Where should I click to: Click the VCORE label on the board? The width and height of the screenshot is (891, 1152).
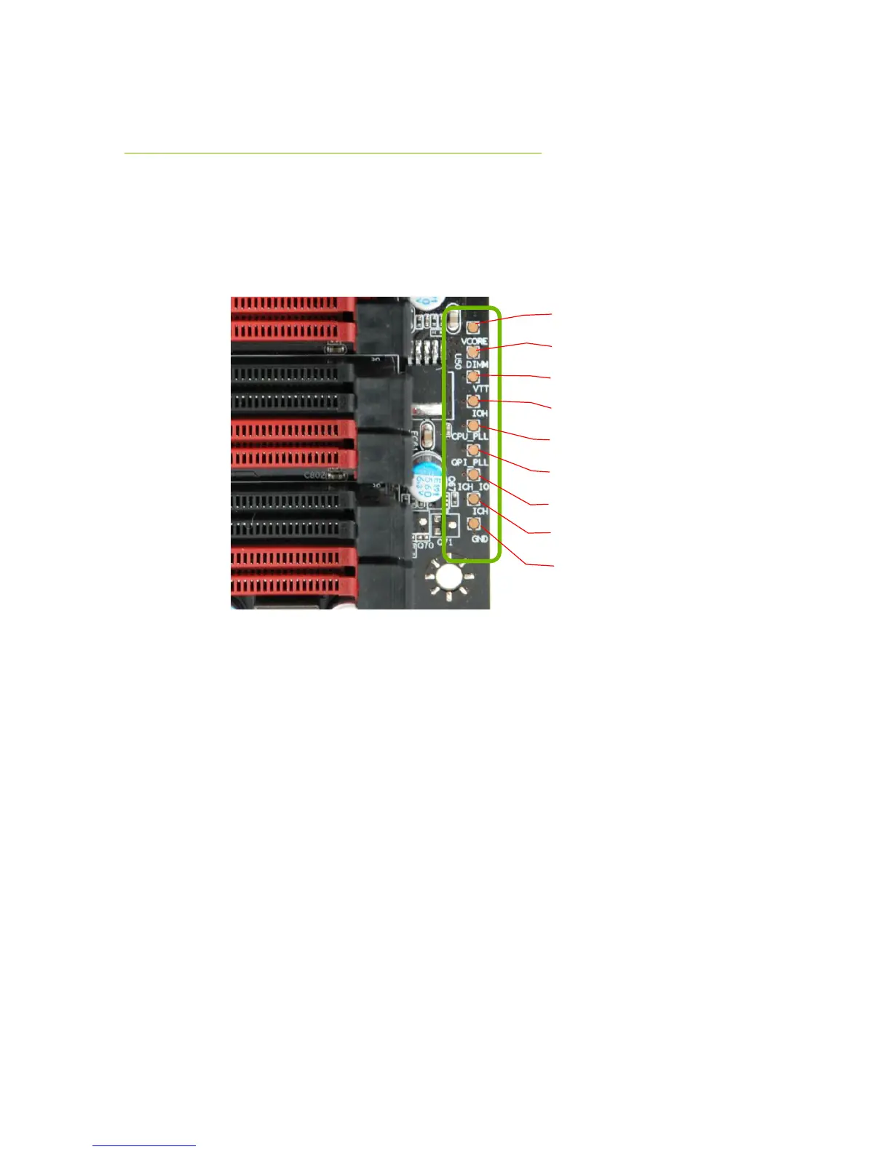click(474, 341)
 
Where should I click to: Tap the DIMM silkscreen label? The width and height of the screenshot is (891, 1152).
click(477, 364)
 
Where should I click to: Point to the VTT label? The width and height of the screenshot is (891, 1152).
click(481, 390)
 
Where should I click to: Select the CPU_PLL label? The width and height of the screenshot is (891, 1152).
click(470, 437)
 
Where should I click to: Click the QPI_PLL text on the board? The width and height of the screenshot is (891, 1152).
click(470, 462)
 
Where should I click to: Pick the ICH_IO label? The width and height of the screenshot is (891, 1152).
click(472, 487)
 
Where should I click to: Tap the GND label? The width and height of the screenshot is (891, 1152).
click(480, 539)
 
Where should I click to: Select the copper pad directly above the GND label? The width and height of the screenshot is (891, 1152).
click(474, 524)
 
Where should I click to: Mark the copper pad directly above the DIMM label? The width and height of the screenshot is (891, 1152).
click(473, 352)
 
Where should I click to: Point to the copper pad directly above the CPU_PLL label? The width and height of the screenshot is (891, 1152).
click(473, 425)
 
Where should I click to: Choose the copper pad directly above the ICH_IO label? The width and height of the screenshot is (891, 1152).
click(473, 474)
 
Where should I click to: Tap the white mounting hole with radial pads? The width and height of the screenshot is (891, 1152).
click(448, 577)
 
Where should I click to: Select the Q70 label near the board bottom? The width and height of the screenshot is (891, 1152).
click(424, 544)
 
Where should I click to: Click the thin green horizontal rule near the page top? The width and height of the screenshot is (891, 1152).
click(333, 153)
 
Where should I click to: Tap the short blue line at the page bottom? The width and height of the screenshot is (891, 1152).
click(144, 1146)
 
